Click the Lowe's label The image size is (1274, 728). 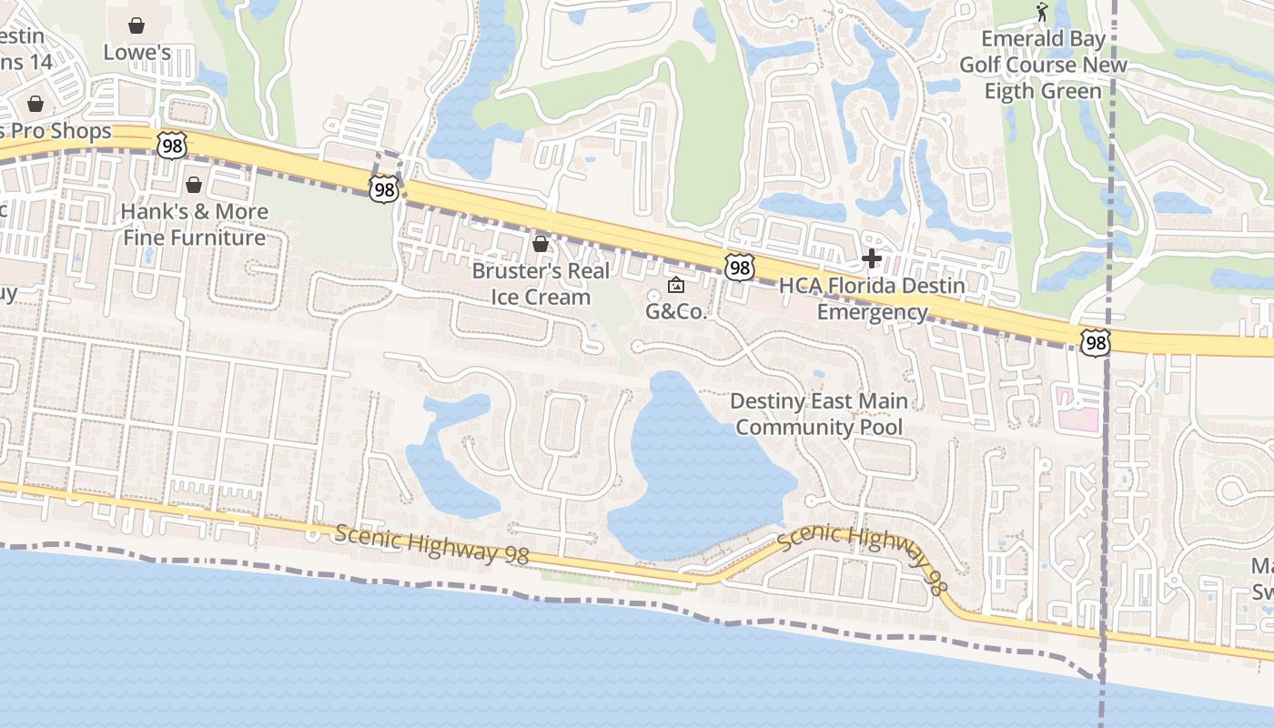[136, 52]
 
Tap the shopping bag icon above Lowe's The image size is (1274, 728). [136, 25]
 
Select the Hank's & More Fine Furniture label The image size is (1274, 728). [195, 225]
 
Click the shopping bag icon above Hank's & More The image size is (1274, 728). [194, 186]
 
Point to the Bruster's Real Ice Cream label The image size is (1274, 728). [541, 284]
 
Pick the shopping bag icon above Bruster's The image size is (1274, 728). [541, 244]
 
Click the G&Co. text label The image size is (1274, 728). [676, 311]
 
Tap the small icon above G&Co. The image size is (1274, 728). [676, 286]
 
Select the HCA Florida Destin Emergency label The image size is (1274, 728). [872, 298]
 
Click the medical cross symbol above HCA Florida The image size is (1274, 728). [872, 258]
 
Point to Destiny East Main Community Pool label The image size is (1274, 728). [819, 414]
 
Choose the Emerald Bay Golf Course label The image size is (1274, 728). [1043, 65]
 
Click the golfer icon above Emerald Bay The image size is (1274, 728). [1043, 12]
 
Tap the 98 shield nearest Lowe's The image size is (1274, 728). [171, 145]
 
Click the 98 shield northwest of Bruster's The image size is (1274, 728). [384, 188]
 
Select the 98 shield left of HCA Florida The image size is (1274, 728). [740, 268]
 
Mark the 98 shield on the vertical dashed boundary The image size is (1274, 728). [1096, 342]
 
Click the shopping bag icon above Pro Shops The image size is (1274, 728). [35, 104]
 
